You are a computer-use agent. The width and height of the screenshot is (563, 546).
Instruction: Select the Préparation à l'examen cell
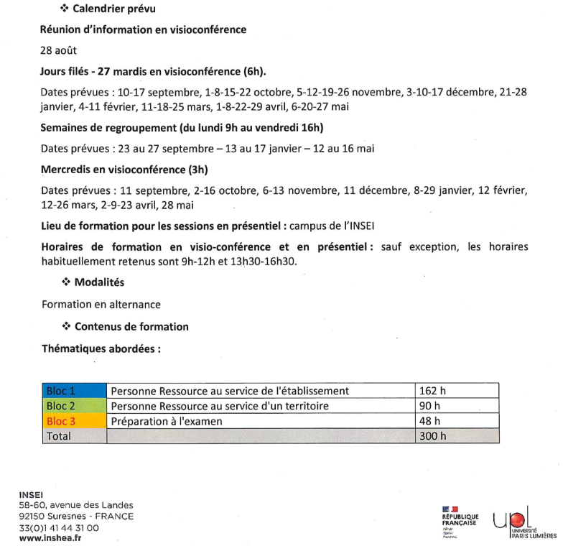(261, 421)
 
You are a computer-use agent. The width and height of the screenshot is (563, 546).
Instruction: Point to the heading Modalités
(99, 282)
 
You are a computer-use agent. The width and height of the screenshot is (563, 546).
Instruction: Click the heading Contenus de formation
(131, 326)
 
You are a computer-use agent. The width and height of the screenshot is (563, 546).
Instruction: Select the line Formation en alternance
(101, 305)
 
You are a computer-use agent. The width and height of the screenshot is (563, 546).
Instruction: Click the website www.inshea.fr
(50, 539)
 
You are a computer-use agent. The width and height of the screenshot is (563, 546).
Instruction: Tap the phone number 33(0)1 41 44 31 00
(60, 527)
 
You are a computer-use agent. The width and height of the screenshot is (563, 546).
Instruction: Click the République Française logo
(460, 521)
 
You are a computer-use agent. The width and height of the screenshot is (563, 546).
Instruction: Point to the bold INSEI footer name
(30, 494)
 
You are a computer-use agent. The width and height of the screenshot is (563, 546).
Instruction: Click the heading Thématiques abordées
(101, 348)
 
